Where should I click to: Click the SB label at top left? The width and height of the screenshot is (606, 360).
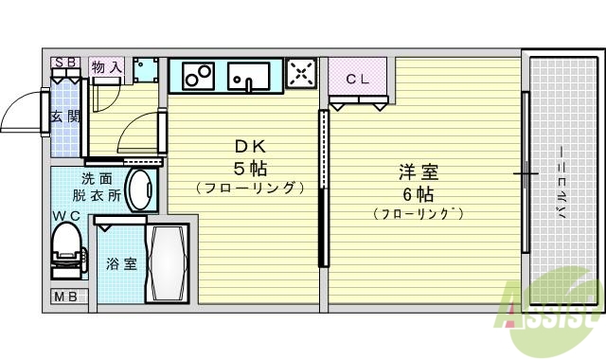(65, 63)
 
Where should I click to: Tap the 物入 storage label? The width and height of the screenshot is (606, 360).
(106, 67)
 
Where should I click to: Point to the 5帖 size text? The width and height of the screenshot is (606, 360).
(251, 168)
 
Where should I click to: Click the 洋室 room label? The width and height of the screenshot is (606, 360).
(418, 172)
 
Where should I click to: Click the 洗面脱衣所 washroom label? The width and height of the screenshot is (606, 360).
(99, 188)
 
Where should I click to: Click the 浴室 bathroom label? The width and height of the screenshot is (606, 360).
(122, 263)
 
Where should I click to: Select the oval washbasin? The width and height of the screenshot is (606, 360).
(140, 190)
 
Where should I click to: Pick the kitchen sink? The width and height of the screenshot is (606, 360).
(250, 75)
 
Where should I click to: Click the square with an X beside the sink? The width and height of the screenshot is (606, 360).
(301, 74)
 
